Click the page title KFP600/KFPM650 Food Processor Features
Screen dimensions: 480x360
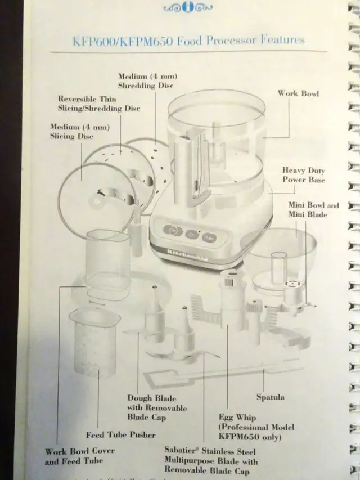pos(188,41)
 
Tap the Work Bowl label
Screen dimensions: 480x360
pos(298,93)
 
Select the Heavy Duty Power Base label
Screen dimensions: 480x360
pos(303,174)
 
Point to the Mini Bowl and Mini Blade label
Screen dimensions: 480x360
pos(313,209)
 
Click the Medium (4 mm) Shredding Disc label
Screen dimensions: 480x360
pos(145,81)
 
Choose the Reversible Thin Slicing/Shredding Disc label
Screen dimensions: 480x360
pos(98,104)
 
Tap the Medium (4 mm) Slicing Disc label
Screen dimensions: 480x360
pos(71,132)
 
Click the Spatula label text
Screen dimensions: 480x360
pos(270,397)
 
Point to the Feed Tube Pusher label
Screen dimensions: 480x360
pos(120,434)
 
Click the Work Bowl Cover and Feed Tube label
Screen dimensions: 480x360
pos(80,456)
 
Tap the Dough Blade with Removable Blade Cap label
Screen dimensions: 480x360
pos(156,408)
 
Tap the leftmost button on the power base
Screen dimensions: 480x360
pos(172,230)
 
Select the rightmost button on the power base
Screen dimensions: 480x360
pos(209,237)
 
